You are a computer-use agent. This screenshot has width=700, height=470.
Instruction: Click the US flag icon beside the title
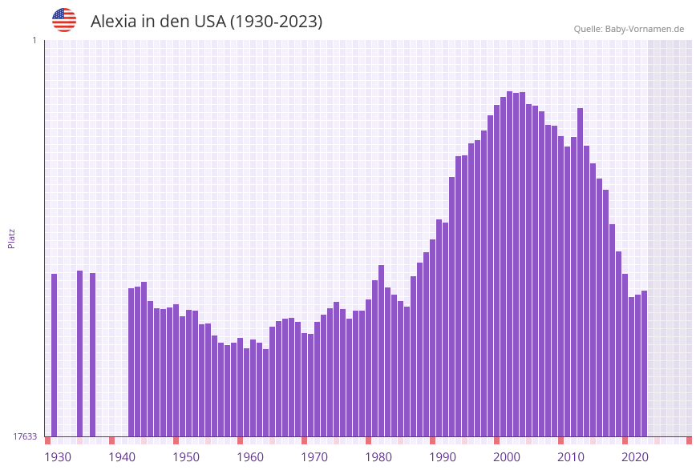click(64, 20)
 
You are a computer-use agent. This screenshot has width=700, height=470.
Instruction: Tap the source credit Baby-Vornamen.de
click(645, 29)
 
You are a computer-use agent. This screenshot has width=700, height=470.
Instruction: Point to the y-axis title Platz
click(12, 238)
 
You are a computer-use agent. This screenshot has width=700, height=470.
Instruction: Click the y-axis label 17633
click(25, 436)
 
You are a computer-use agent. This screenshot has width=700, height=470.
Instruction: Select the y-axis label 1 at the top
click(34, 40)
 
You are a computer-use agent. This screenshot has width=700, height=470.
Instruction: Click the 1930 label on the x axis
click(57, 457)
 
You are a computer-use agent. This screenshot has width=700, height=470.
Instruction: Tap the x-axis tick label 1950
click(186, 457)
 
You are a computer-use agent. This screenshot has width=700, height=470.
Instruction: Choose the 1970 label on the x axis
click(314, 457)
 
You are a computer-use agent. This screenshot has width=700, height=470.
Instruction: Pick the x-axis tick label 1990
click(443, 457)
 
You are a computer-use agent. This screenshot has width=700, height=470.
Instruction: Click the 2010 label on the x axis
click(571, 457)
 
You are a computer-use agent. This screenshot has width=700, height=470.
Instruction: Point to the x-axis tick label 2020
click(635, 457)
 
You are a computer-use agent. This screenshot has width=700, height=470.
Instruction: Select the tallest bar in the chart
click(509, 264)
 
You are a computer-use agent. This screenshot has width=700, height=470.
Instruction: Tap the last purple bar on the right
click(644, 364)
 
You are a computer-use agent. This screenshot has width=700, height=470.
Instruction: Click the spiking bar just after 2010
click(580, 272)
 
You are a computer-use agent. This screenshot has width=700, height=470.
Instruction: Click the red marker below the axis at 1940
click(111, 440)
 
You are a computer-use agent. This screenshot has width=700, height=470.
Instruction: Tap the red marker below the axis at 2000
click(496, 440)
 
